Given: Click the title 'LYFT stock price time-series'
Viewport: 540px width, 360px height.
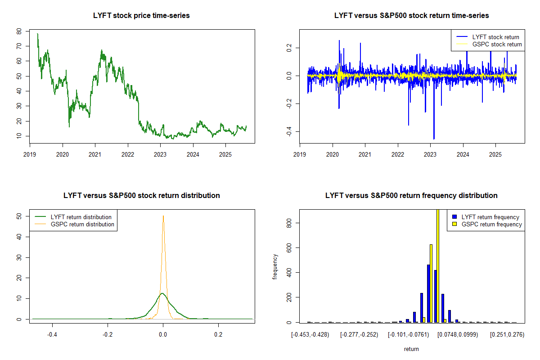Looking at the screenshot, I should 141,16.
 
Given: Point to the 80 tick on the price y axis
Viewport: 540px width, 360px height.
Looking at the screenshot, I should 19,31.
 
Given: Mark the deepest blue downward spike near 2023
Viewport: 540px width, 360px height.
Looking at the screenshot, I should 434,138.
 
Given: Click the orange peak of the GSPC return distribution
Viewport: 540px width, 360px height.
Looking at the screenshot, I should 163,216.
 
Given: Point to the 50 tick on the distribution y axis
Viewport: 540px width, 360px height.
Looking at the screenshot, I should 19,216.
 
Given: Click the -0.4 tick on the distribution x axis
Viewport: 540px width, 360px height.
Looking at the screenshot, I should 52,335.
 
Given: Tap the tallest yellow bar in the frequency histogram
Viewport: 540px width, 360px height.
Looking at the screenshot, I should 438,265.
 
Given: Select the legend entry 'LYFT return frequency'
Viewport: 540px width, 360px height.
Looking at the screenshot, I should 490,217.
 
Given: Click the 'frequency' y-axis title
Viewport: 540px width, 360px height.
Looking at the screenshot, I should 275,266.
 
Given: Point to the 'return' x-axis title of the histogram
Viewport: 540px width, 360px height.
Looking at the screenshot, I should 411,349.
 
